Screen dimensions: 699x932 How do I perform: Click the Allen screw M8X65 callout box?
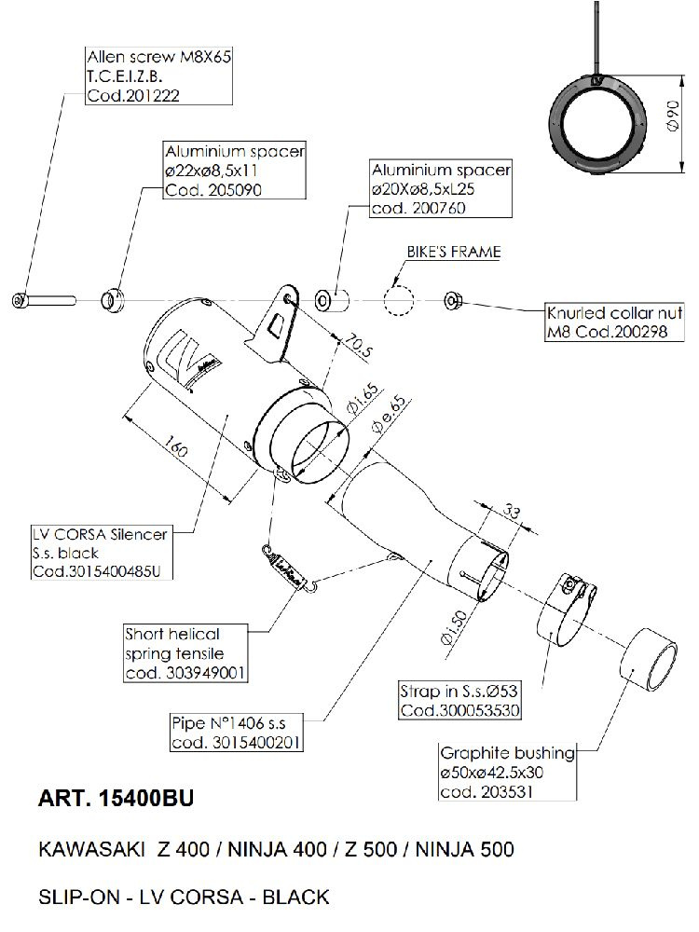[158, 76]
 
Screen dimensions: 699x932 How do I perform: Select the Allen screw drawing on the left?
[44, 300]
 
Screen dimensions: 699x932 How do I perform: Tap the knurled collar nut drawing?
[454, 300]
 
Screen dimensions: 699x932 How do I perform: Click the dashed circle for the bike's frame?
[398, 300]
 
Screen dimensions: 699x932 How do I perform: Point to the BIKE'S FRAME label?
[454, 252]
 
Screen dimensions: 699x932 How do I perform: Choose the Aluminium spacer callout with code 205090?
[234, 170]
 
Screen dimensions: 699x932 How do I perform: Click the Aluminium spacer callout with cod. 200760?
[441, 188]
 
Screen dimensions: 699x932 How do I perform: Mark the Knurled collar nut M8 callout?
[614, 322]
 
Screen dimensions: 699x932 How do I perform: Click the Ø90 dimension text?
[674, 116]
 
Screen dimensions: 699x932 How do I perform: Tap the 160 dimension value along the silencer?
[175, 447]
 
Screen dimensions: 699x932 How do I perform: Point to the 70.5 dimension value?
[359, 347]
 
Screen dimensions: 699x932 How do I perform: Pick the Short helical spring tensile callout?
[185, 652]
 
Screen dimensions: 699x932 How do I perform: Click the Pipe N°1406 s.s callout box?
[237, 733]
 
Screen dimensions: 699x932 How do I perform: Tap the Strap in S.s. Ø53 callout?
[459, 701]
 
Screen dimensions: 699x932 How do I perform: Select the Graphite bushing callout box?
[508, 772]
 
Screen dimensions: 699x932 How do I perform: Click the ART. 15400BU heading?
[116, 799]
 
